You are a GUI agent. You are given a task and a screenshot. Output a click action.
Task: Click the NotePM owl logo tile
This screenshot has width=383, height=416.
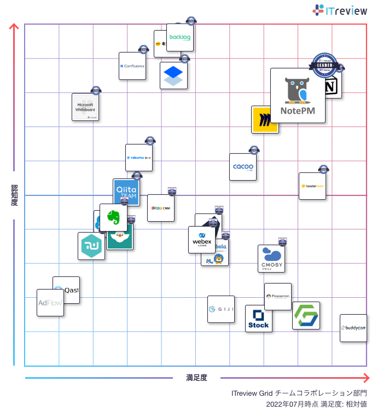(298, 95)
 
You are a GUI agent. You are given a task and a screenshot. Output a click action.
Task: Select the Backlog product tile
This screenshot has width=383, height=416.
(179, 37)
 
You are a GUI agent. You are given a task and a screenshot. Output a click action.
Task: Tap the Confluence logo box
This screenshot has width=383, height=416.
(132, 66)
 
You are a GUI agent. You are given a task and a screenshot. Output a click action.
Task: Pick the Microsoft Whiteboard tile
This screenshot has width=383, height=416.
(85, 107)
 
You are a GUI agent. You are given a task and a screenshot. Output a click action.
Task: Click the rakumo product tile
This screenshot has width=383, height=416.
(139, 158)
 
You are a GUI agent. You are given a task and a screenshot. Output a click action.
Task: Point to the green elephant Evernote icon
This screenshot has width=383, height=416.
(114, 217)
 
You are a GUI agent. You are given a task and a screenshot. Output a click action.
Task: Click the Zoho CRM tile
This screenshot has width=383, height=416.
(161, 208)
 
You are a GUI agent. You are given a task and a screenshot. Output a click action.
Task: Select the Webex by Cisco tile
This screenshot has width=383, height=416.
(202, 240)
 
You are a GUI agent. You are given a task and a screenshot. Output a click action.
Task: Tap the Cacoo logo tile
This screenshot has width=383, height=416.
(243, 166)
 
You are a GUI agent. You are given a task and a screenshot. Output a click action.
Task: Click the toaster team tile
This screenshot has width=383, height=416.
(312, 186)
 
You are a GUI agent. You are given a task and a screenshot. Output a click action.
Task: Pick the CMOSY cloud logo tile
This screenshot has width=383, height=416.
(272, 258)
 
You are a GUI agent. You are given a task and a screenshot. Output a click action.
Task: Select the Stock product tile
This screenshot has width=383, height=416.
(258, 319)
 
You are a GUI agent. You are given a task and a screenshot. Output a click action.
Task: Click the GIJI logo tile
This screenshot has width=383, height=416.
(221, 309)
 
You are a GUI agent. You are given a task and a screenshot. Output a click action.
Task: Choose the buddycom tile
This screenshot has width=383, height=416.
(353, 328)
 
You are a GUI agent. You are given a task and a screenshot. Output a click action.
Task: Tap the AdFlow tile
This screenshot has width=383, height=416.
(50, 303)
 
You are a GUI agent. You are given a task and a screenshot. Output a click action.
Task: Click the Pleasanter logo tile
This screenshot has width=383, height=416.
(277, 296)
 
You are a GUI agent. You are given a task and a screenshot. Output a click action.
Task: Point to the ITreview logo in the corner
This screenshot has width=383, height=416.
(340, 10)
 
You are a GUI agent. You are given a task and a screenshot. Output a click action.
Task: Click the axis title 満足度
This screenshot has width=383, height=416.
(196, 377)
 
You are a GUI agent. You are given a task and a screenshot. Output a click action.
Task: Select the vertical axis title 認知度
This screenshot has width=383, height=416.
(14, 195)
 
